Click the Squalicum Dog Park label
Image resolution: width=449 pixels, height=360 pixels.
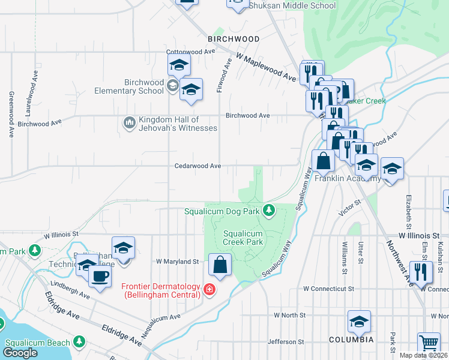click(x=221, y=211)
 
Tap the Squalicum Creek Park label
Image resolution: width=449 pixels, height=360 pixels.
click(x=243, y=238)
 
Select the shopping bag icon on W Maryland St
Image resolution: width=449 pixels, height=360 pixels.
click(x=220, y=264)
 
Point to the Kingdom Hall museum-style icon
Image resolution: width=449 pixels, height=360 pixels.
click(x=129, y=123)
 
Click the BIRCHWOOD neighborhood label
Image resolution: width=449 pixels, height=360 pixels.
click(x=234, y=38)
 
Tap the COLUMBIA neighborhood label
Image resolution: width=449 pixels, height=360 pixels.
click(x=351, y=340)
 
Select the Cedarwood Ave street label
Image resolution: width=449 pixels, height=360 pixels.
click(x=198, y=166)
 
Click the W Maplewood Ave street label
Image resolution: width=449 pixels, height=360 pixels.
click(x=266, y=67)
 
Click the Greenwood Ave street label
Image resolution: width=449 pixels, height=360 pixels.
click(x=11, y=115)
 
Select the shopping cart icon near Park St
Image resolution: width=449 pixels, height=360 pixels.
click(x=429, y=344)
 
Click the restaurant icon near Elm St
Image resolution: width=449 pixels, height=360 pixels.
click(x=421, y=271)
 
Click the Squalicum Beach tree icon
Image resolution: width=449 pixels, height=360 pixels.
click(x=79, y=341)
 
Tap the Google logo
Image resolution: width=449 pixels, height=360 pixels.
click(x=20, y=353)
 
